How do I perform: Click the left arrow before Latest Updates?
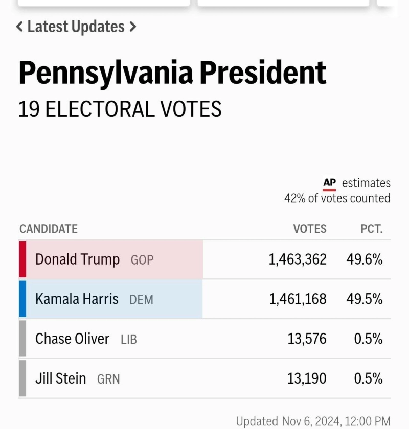click(19, 27)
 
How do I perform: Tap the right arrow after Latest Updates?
click(132, 27)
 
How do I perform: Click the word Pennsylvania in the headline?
click(105, 73)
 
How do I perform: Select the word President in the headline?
click(263, 73)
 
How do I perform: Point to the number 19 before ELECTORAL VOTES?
click(29, 109)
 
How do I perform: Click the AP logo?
click(330, 183)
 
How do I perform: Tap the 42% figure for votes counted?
click(294, 198)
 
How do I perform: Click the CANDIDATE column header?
click(49, 229)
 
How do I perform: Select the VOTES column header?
click(310, 229)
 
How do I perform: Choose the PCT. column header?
click(372, 229)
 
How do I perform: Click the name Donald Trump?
click(77, 259)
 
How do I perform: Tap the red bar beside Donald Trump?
click(22, 259)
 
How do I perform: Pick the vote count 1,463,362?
click(298, 259)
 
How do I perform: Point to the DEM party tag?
click(141, 300)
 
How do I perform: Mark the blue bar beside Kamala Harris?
click(22, 299)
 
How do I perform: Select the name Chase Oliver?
click(72, 339)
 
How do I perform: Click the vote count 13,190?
click(307, 378)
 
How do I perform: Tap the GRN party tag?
click(108, 379)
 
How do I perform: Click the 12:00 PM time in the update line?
click(368, 421)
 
